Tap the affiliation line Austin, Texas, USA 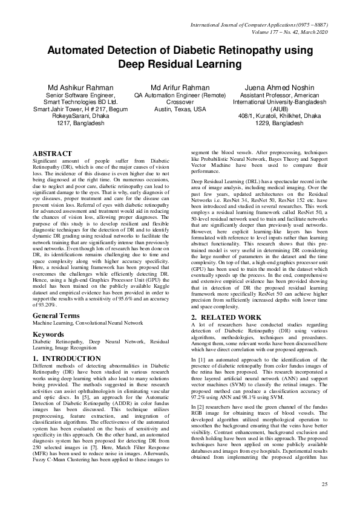coord(180,109)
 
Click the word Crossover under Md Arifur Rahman coord(180,102)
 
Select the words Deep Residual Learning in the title coord(180,63)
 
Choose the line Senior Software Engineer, coord(80,95)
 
